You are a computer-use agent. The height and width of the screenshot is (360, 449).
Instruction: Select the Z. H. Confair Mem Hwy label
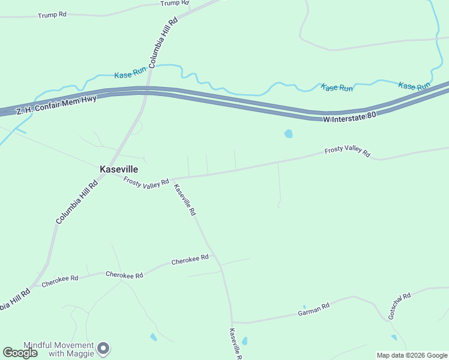[x=56, y=105]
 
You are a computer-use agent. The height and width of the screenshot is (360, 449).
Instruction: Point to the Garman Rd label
[x=314, y=310]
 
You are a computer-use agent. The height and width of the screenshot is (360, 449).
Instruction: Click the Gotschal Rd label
[x=399, y=305]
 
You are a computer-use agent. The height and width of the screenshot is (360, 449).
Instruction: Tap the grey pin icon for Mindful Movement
[x=104, y=348]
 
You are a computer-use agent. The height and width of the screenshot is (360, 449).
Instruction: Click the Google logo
[x=20, y=353]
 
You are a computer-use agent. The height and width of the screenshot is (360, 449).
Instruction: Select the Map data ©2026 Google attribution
[x=412, y=355]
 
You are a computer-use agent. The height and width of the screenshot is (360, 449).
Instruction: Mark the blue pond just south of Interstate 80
[x=288, y=134]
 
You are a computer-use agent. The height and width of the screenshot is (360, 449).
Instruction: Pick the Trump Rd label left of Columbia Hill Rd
[x=52, y=14]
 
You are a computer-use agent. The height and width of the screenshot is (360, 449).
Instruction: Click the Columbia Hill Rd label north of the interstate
[x=163, y=42]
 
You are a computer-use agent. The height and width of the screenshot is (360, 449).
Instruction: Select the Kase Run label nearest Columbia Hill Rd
[x=130, y=74]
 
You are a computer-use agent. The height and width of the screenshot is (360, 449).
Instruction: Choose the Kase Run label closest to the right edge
[x=415, y=86]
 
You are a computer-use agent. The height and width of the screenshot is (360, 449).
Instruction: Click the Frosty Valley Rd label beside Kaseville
[x=146, y=182]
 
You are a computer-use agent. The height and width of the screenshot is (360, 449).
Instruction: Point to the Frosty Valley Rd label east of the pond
[x=347, y=151]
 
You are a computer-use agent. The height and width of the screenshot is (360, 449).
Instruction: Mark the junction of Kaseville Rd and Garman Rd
[x=232, y=322]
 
